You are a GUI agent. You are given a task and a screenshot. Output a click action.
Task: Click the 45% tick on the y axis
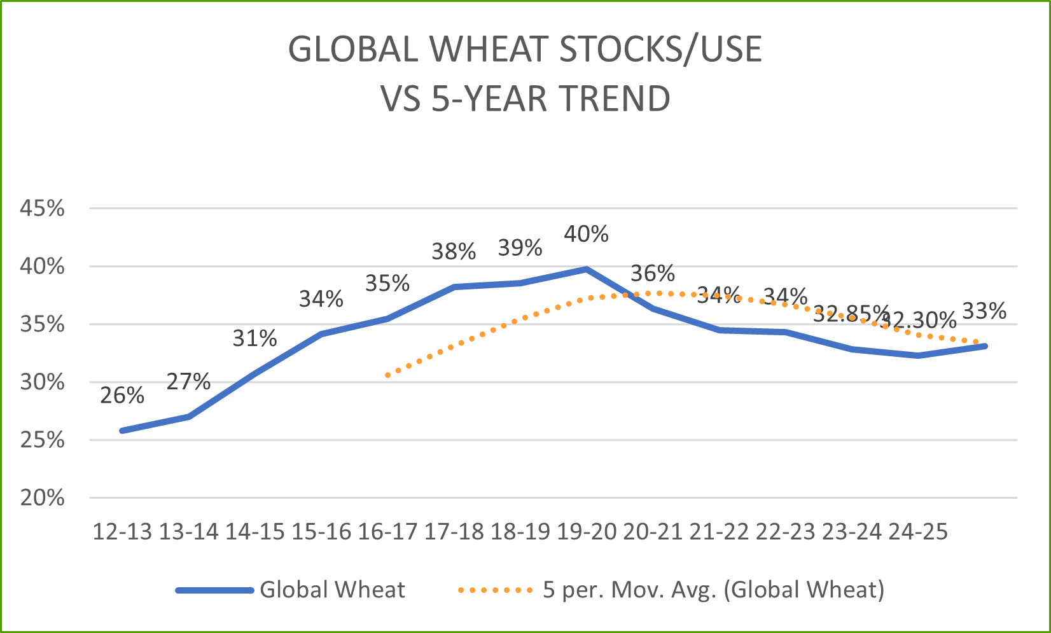(43, 208)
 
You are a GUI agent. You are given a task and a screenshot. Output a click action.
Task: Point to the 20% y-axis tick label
(43, 497)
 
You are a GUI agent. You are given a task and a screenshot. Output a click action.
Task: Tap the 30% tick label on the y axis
(43, 382)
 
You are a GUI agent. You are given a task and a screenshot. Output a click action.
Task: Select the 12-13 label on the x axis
(123, 532)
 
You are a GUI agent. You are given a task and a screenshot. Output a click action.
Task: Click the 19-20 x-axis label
(587, 532)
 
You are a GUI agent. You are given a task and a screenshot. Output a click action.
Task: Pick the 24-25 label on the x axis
(917, 532)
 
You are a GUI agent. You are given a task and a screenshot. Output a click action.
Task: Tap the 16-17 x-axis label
(387, 532)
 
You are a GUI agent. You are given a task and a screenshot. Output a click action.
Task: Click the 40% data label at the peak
(586, 234)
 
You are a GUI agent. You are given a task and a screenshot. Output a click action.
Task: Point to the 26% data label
(122, 396)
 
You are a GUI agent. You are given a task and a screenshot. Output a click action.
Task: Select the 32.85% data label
(850, 313)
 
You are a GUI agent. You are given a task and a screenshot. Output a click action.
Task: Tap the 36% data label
(652, 274)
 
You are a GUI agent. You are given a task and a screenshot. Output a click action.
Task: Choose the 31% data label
(254, 338)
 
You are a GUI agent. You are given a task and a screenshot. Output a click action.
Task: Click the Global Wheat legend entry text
(332, 590)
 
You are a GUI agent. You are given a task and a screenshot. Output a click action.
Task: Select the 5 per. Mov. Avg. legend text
(713, 590)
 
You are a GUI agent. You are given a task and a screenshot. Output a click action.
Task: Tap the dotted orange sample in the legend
(495, 590)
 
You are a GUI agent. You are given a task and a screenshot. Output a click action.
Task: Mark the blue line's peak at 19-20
(587, 269)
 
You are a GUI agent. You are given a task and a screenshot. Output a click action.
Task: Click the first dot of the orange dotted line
(387, 375)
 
